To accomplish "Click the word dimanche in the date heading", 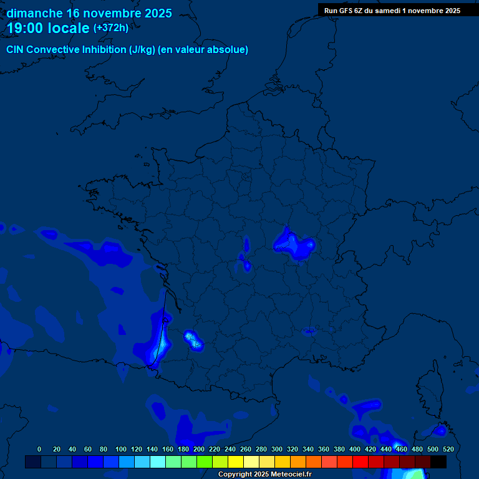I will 34,13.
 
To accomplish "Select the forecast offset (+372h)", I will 111,28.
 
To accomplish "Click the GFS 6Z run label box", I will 392,11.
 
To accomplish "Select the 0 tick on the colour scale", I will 39,449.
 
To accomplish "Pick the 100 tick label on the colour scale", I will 120,449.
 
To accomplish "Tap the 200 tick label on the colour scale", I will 198,449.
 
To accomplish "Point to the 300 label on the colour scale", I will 276,449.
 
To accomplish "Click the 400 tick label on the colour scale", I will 354,449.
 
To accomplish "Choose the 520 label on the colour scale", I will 448,449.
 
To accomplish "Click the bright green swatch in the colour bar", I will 205,462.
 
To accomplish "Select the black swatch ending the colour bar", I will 438,462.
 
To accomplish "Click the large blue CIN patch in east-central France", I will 294,244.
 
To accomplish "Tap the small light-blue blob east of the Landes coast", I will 194,340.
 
